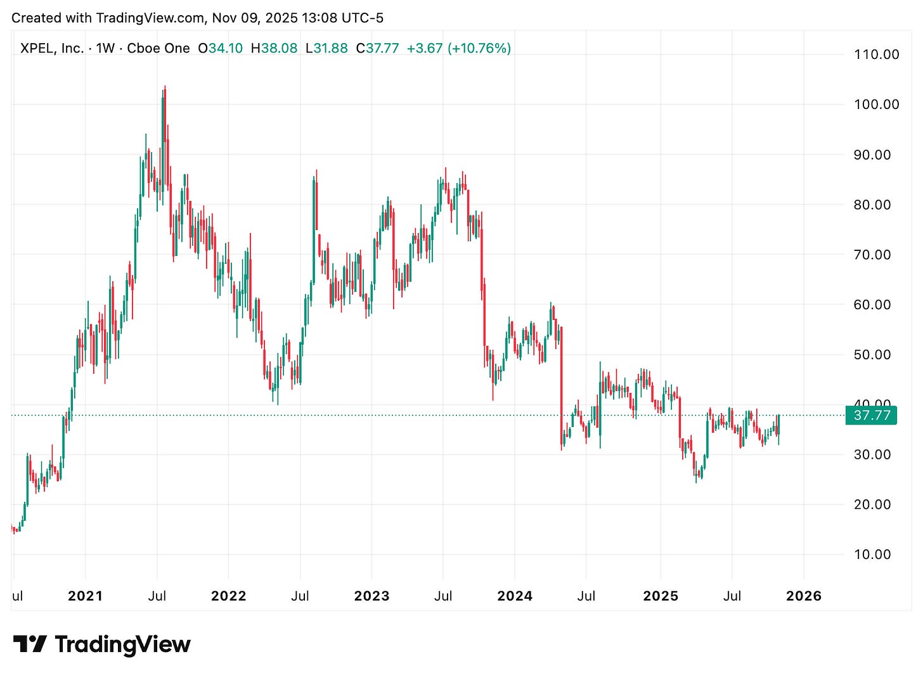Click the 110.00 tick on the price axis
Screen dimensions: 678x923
(x=876, y=54)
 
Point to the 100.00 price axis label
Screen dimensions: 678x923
(x=876, y=105)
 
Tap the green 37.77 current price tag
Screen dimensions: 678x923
(x=872, y=416)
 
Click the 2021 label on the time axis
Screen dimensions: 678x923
(x=85, y=596)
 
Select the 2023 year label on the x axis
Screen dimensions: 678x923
(x=371, y=596)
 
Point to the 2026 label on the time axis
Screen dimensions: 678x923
(x=803, y=596)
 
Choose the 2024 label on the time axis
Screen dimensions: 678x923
(x=515, y=596)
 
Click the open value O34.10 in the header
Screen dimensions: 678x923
(x=220, y=48)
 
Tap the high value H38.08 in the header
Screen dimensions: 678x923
(x=274, y=48)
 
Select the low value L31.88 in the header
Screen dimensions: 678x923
(x=326, y=48)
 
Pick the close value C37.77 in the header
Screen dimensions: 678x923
(x=377, y=48)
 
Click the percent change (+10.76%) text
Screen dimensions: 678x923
(x=479, y=48)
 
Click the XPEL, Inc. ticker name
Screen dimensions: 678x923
(x=52, y=48)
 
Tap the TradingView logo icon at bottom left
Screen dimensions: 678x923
(x=30, y=644)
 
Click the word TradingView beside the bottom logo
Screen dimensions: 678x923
(x=122, y=644)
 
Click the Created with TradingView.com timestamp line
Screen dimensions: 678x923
(x=197, y=18)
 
